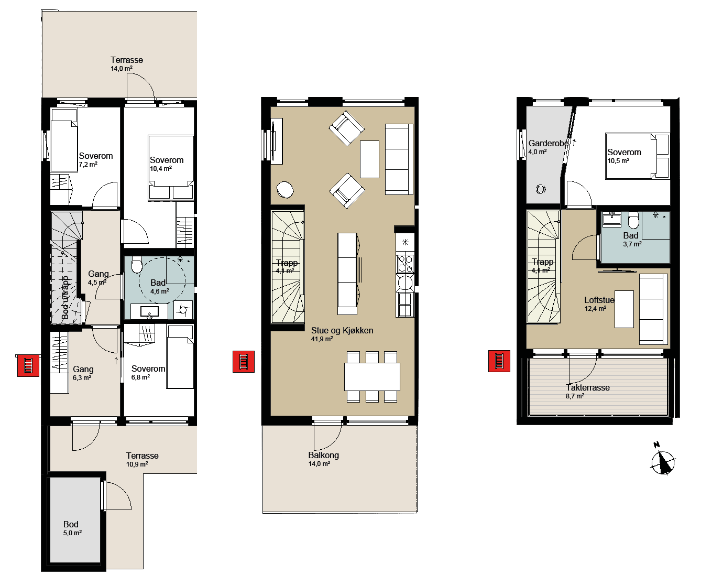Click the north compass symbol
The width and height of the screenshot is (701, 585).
[x=662, y=460]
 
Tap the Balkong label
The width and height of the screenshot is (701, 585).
[x=324, y=456]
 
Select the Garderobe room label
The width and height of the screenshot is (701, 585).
[x=548, y=144]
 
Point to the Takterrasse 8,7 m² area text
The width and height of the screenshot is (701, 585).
[x=587, y=392]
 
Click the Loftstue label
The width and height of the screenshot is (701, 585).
[x=599, y=300]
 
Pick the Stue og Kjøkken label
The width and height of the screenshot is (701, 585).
[x=342, y=331]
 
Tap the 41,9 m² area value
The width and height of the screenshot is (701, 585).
[x=322, y=339]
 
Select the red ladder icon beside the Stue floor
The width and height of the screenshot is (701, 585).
[x=244, y=362]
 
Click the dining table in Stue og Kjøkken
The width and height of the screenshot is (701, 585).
[x=372, y=377]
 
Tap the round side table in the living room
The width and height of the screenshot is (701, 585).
[x=285, y=190]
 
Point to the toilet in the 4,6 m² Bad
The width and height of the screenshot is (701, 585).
[x=137, y=265]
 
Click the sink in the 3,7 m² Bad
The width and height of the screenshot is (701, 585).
[x=612, y=220]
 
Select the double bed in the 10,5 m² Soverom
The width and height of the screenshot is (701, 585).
[x=638, y=156]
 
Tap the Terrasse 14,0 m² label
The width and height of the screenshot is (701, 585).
[x=127, y=64]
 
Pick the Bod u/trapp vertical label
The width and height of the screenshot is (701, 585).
[x=65, y=297]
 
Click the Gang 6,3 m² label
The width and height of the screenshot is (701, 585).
[x=83, y=373]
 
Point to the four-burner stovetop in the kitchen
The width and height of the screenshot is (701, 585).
[x=405, y=264]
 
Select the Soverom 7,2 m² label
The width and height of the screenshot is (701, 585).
[x=96, y=160]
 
